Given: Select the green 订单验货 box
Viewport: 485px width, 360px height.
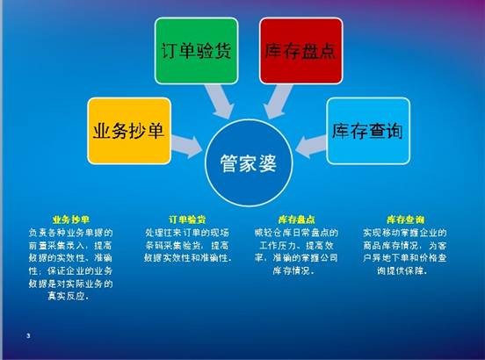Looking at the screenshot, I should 197,49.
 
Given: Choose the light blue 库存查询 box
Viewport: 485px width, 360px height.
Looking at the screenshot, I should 367,132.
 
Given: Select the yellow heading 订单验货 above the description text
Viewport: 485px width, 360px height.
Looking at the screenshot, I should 186,218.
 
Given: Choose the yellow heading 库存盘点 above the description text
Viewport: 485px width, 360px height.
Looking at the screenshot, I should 296,218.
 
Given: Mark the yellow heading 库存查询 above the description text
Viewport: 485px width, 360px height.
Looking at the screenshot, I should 405,218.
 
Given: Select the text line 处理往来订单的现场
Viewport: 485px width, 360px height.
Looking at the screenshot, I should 186,232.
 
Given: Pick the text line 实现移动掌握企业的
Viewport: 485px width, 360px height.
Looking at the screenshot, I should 405,232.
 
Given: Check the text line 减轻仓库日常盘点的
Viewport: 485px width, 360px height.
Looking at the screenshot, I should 296,232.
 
